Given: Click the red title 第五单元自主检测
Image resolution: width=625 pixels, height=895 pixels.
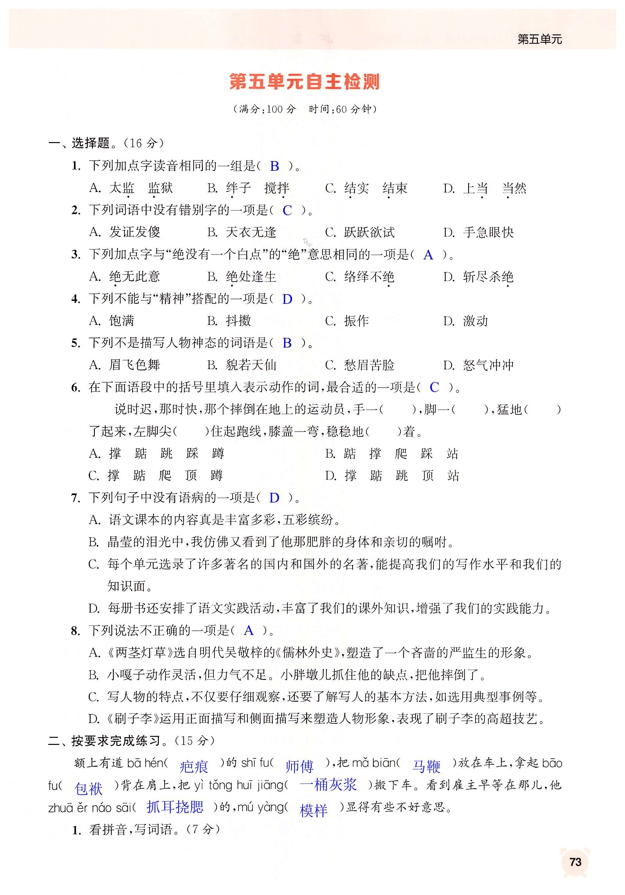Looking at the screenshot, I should (304, 82).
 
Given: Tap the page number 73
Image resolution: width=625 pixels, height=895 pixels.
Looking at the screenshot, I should (575, 862).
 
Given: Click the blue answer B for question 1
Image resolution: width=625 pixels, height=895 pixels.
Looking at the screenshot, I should (275, 167).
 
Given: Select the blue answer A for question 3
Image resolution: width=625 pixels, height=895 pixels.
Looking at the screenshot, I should (428, 255).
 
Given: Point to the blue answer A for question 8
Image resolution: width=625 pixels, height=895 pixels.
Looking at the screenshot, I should (249, 630).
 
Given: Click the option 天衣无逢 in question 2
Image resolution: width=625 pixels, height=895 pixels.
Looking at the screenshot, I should (251, 233).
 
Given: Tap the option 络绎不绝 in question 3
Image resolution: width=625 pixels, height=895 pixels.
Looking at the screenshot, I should (369, 277).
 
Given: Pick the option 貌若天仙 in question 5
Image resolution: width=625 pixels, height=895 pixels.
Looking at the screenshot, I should (251, 365).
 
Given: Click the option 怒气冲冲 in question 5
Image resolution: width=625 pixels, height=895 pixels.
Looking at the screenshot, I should (488, 365).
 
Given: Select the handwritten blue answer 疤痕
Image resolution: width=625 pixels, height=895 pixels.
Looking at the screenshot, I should (194, 767).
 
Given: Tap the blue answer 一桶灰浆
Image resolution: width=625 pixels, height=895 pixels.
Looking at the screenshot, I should (328, 784).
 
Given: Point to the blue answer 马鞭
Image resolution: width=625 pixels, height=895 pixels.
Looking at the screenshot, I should (426, 766).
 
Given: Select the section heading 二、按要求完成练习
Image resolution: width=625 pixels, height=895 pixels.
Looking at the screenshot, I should (109, 741).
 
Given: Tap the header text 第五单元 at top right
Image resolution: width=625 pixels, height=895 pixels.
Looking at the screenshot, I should (539, 39).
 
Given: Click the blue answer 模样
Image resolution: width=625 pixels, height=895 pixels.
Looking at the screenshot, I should (313, 810).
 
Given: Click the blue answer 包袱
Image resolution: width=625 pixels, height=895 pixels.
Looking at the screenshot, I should (88, 789).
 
